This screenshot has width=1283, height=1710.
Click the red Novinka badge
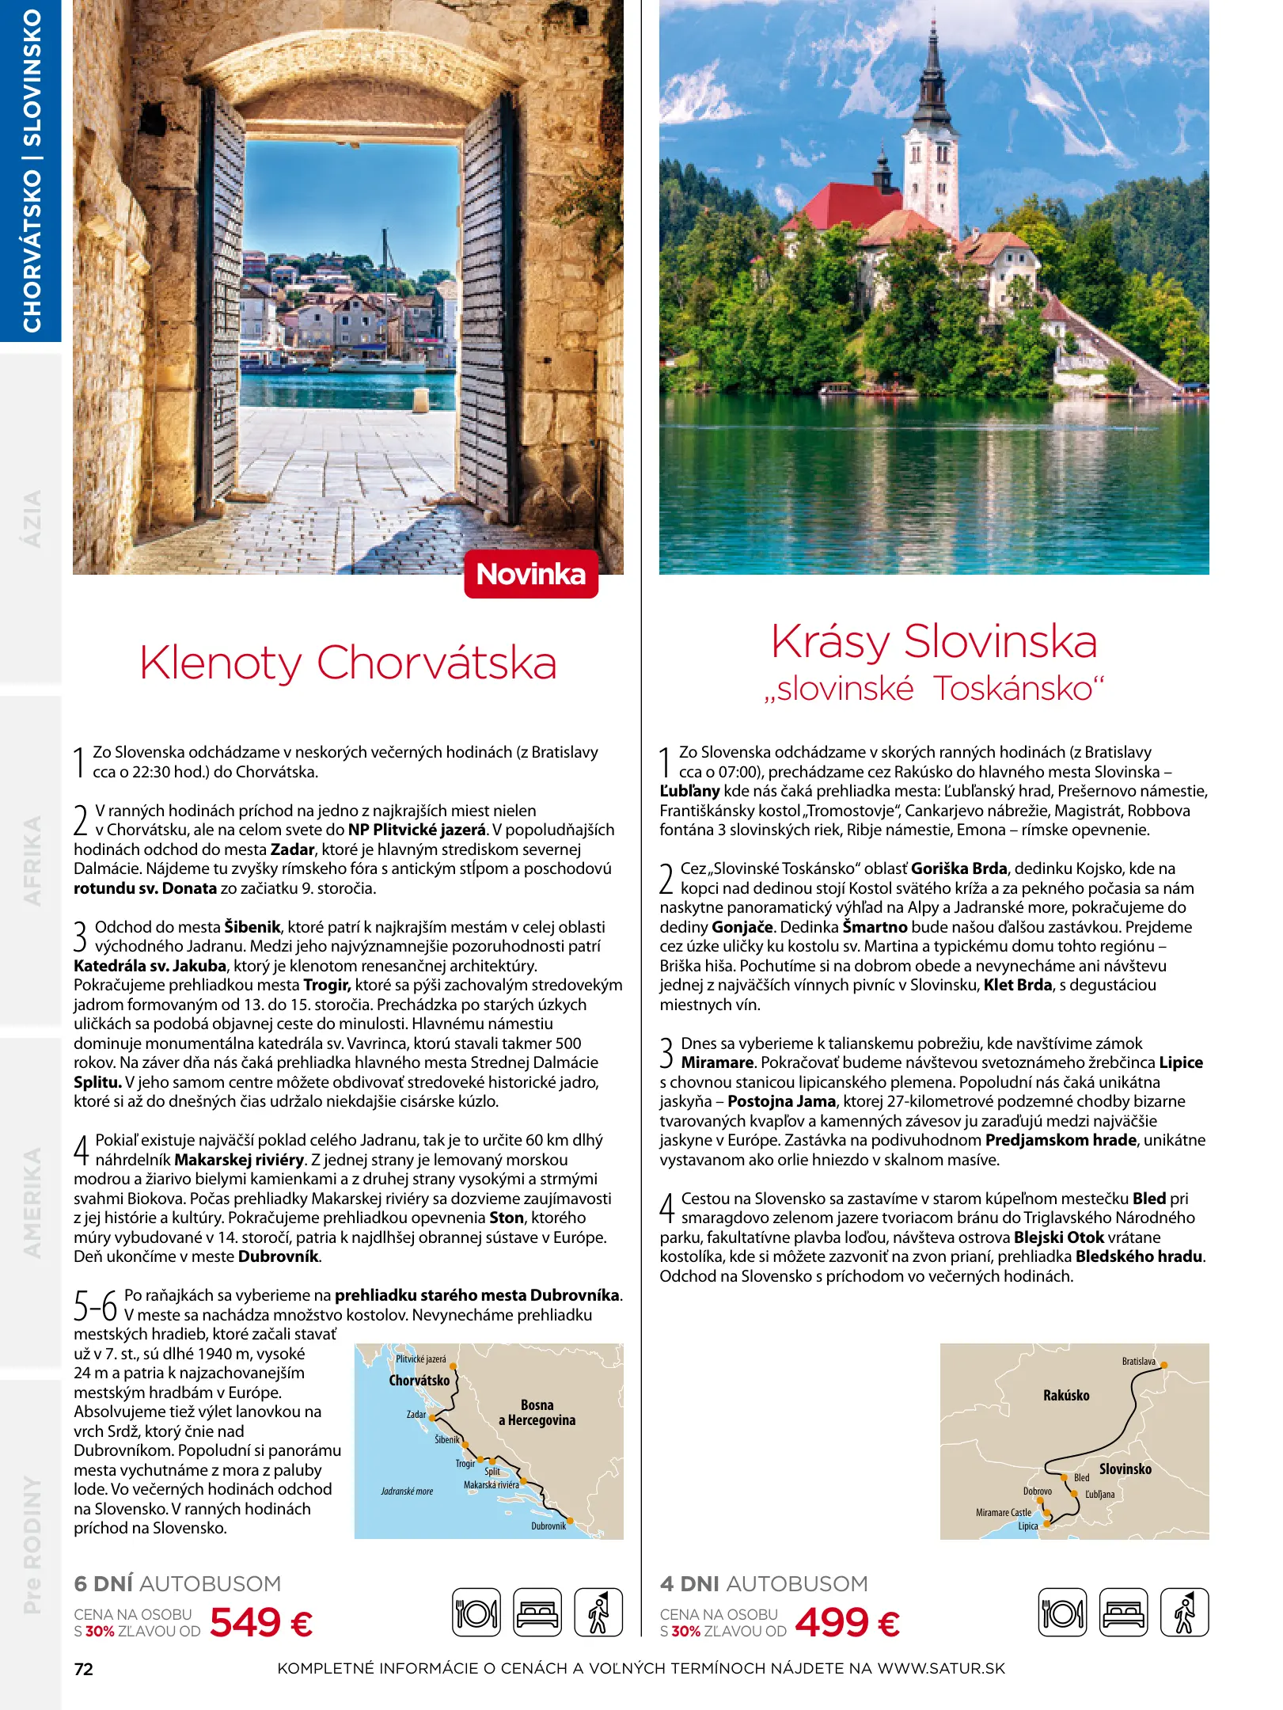point(530,574)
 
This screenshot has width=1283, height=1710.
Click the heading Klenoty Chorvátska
point(348,663)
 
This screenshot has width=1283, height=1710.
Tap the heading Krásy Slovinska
point(934,641)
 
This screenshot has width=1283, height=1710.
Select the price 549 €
point(261,1622)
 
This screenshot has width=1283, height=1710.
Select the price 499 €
point(847,1622)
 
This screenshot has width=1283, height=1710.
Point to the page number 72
point(83,1669)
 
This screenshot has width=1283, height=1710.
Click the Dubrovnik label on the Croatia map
point(548,1526)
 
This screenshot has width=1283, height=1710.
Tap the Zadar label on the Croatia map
point(416,1414)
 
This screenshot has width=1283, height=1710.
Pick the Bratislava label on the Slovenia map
point(1137,1362)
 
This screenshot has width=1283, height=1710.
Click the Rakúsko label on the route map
point(1065,1396)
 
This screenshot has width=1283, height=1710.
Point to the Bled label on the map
point(1081,1477)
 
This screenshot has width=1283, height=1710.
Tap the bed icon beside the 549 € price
point(537,1612)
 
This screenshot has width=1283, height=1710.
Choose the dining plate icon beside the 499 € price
point(1061,1612)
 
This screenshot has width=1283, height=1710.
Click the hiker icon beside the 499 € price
point(1184,1612)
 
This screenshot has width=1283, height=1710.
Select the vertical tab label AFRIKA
point(32,861)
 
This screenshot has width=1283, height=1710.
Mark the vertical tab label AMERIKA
point(32,1202)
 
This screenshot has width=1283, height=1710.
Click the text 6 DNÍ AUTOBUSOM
point(177,1583)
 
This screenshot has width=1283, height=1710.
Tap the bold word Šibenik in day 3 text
point(252,927)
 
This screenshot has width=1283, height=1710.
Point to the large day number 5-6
point(95,1305)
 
